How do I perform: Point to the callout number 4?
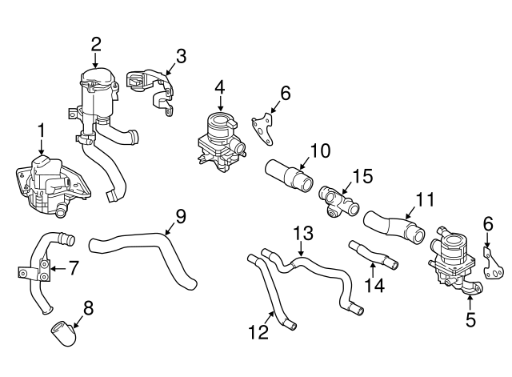219,88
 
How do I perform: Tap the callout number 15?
363,174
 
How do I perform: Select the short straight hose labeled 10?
288,174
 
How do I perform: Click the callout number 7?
73,267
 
